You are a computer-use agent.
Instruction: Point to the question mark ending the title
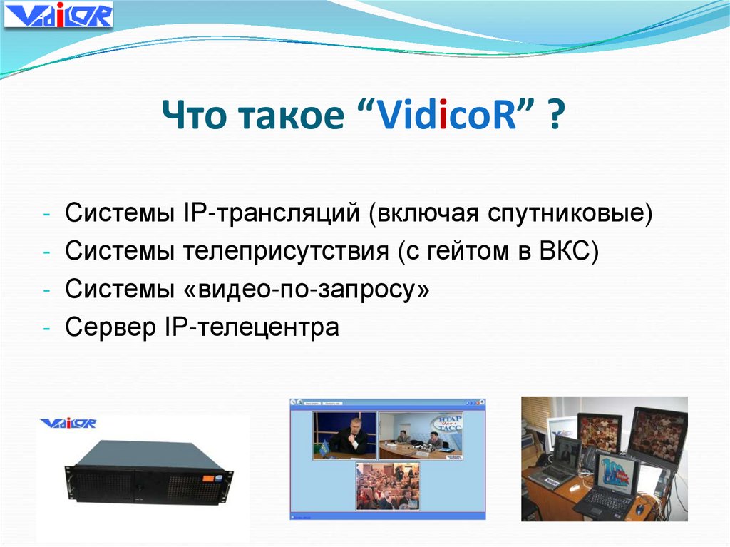point(553,116)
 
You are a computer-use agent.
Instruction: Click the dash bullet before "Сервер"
point(46,329)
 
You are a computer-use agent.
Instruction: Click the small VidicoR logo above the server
point(68,424)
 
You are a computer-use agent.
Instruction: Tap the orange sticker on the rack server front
point(212,474)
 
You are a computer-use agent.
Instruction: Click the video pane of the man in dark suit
point(345,434)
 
